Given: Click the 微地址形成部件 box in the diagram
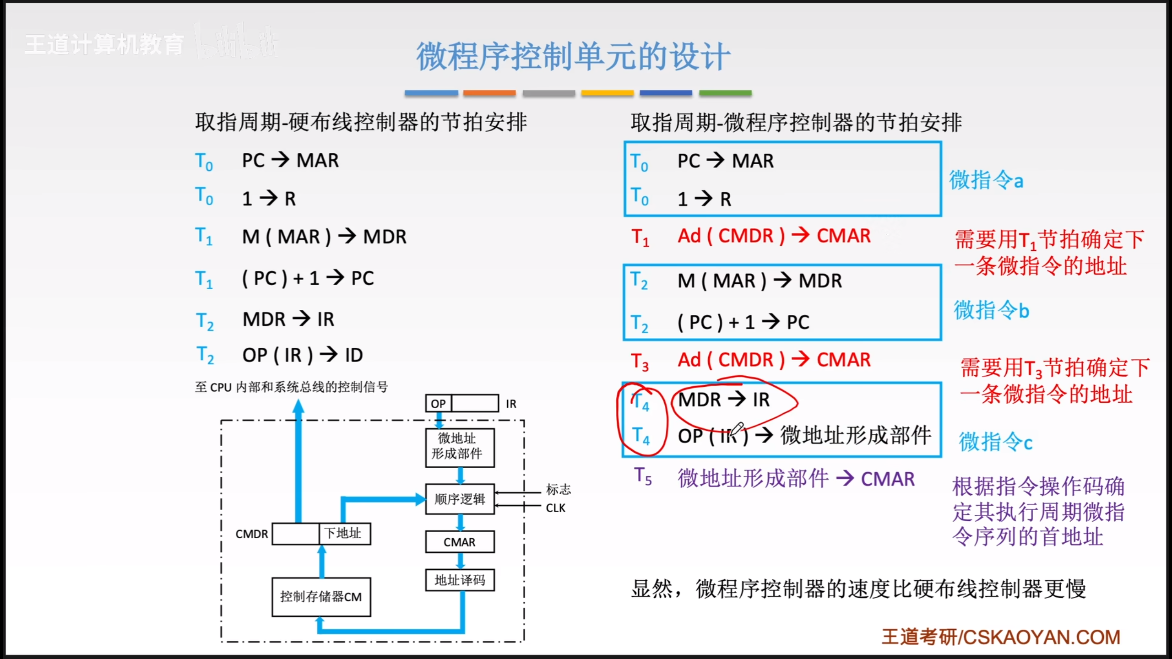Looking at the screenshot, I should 459,447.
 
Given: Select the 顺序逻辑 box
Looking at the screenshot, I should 459,499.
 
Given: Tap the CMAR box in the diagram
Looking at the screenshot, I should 459,542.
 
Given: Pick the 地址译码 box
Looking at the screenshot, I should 459,580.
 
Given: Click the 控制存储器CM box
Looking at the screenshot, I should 321,597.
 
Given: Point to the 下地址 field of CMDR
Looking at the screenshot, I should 344,534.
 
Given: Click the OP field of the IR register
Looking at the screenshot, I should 438,404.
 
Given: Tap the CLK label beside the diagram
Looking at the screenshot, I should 555,508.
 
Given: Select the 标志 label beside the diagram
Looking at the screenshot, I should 558,489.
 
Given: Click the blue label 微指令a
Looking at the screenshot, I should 986,180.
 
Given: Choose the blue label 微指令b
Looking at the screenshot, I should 991,310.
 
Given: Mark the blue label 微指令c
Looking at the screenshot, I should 995,442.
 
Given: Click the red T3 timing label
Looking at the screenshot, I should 640,362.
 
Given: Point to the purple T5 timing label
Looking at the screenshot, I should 643,477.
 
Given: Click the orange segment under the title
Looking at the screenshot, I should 489,93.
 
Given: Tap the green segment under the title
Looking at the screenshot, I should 725,93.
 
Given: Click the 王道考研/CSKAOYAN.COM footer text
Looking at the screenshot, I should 1001,637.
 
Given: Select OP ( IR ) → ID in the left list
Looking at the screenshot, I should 303,355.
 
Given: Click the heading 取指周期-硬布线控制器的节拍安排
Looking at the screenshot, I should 361,123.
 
